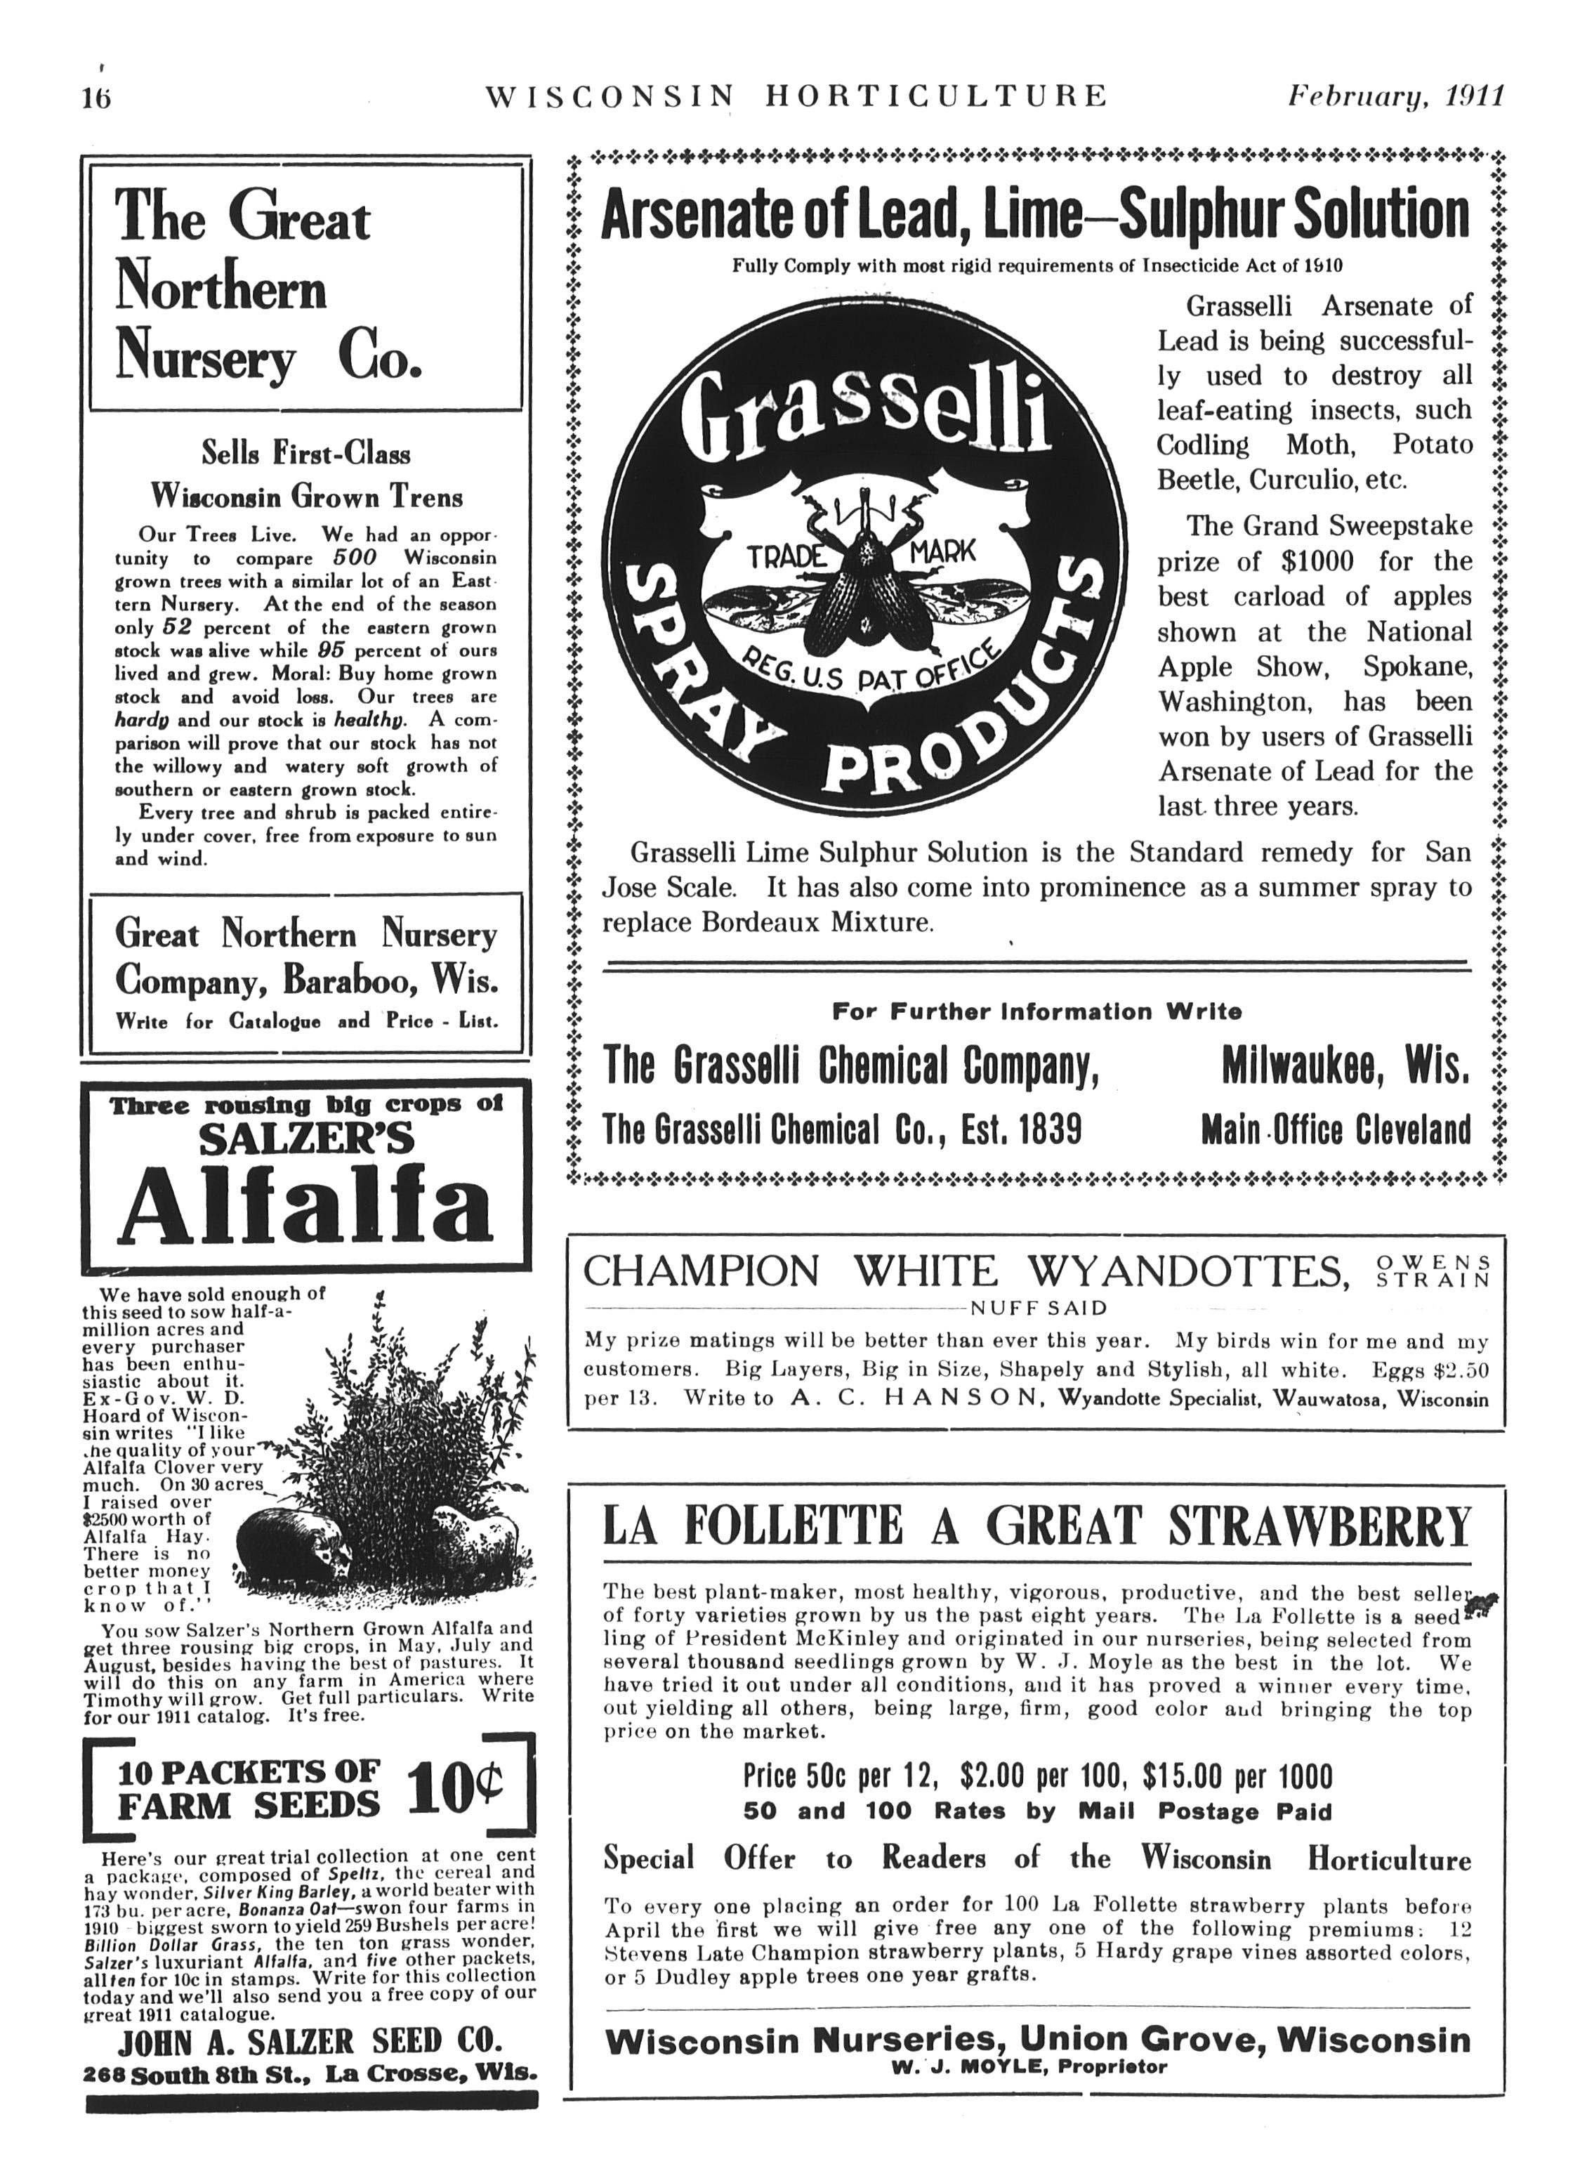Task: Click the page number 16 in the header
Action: click(97, 98)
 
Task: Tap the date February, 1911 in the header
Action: click(1396, 97)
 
